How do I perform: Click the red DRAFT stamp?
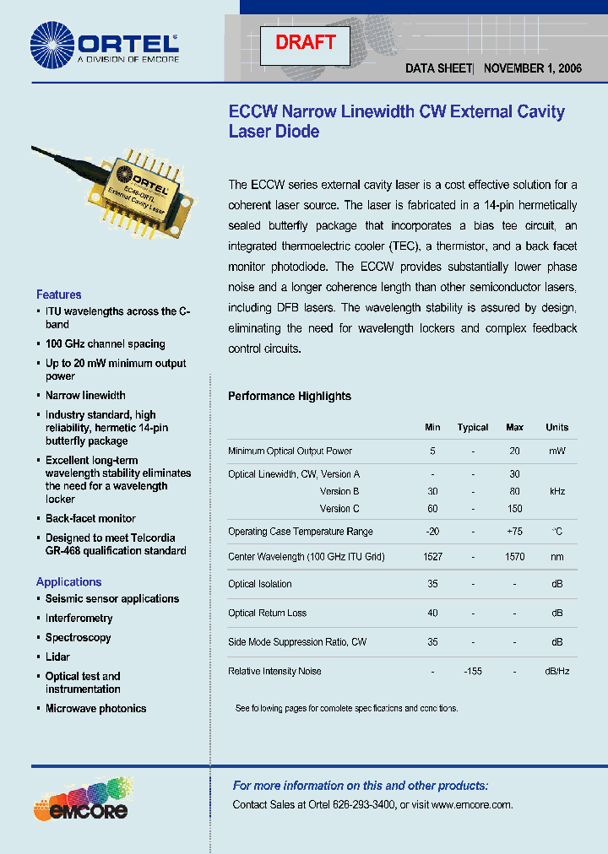[x=305, y=42]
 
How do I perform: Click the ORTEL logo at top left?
[x=105, y=44]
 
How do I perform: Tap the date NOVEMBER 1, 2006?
[x=535, y=68]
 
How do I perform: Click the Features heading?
[x=59, y=295]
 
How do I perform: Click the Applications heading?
[x=68, y=582]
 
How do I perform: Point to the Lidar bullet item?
[x=57, y=657]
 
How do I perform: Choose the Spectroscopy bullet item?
[x=78, y=638]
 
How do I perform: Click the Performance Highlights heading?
[x=290, y=396]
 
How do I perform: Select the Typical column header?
[x=473, y=428]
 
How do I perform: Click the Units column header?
[x=557, y=428]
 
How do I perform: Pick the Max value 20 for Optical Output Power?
[x=514, y=451]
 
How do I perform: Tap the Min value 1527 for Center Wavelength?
[x=432, y=557]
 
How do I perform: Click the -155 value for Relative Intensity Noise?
[x=473, y=672]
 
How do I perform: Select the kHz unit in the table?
[x=557, y=491]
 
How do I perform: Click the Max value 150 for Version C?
[x=515, y=509]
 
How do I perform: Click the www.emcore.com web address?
[x=471, y=805]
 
